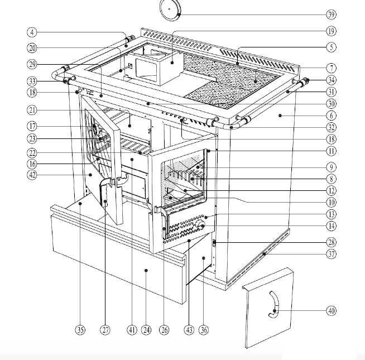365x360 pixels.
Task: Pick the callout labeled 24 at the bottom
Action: click(146, 330)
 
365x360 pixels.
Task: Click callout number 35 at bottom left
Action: click(80, 330)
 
